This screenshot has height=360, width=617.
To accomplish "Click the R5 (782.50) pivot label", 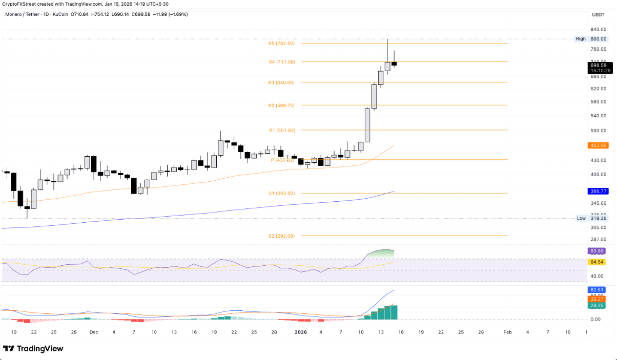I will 281,44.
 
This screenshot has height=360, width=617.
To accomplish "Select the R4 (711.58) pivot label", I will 281,62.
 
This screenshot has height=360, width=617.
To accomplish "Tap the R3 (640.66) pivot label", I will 281,82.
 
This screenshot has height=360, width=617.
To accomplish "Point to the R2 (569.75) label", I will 281,105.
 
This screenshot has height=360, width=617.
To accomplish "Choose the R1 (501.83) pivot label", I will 281,131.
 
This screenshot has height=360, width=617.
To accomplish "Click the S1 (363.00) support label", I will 281,193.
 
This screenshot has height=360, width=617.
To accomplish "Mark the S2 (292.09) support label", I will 281,236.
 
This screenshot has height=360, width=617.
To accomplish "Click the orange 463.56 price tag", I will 598,145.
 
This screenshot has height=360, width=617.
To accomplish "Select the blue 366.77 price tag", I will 598,191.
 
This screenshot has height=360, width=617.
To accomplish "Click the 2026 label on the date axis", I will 301,332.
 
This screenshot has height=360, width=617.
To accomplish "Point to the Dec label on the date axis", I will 94,332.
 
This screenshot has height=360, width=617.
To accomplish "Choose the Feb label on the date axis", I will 507,332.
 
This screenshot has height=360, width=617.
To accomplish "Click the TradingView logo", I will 33,349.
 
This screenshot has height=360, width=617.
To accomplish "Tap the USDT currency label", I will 598,15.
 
